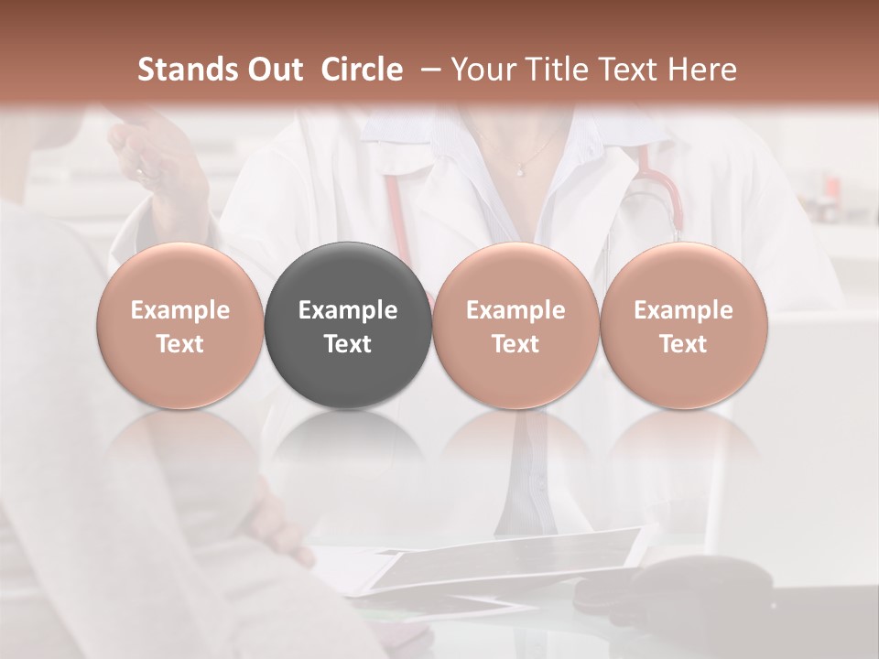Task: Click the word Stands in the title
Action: (x=188, y=70)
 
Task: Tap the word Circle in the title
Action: (x=362, y=70)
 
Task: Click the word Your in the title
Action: (x=482, y=70)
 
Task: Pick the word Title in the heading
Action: (x=550, y=70)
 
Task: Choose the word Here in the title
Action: (x=702, y=70)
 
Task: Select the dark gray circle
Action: (x=348, y=325)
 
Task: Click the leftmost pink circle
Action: (x=180, y=325)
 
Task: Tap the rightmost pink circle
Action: (x=684, y=325)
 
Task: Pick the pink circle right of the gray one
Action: (x=515, y=325)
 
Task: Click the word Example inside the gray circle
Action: (x=348, y=310)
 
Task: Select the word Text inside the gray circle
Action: (x=348, y=344)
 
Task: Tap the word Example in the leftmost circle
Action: (x=180, y=310)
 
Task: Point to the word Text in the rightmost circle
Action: (x=684, y=344)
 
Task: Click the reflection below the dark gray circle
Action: (x=348, y=448)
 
